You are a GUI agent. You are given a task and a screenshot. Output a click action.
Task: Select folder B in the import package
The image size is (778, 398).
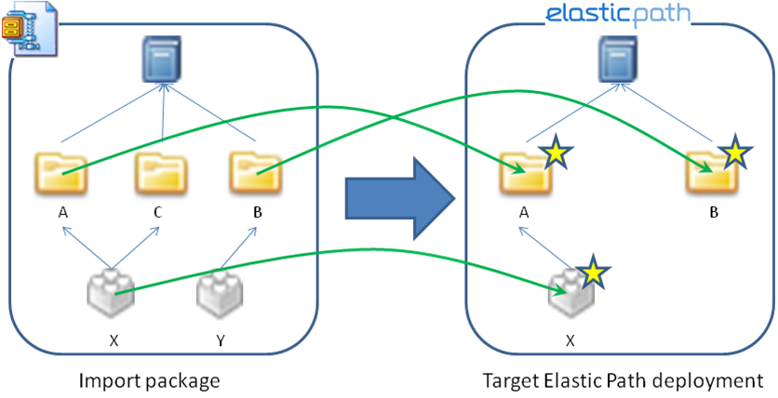(255, 172)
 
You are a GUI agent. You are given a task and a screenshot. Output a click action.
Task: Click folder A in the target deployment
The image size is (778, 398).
(524, 171)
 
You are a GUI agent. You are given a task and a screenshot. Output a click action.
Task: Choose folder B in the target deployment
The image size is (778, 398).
(710, 171)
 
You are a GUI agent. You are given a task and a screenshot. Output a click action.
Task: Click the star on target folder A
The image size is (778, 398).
(555, 152)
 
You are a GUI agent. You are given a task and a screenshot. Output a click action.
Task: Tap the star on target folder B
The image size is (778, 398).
(734, 152)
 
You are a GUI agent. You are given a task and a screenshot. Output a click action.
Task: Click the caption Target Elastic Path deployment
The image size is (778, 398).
(623, 379)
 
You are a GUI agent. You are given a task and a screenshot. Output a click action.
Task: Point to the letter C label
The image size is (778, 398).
(158, 213)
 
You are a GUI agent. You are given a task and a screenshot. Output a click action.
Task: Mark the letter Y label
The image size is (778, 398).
(220, 340)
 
